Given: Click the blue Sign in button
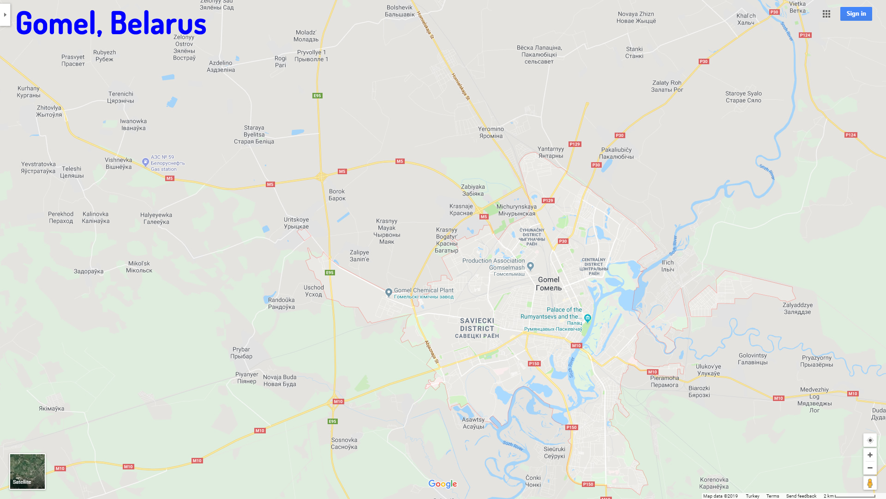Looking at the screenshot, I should coord(856,14).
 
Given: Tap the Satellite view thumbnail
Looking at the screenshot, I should coord(27,471).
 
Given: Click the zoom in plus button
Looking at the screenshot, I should coord(870,455).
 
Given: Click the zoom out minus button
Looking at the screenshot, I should coord(870,468).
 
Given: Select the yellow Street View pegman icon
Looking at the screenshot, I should coord(870,483).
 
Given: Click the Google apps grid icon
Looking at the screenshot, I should coord(826,14).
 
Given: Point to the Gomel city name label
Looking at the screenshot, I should coord(549,284).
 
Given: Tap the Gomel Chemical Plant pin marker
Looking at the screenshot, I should coord(389,292).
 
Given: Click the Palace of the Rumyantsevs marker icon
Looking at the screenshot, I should coord(587,318).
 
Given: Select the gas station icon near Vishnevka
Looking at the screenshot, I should coord(145,162).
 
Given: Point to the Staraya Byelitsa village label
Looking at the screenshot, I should coord(254,134).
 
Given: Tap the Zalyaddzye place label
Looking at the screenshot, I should coord(797,308).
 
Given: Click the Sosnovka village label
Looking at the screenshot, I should coord(344,443).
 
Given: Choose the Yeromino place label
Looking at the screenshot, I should coord(491,132).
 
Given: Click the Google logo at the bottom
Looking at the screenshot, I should coord(443,484).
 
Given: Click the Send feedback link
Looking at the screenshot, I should coord(801,496).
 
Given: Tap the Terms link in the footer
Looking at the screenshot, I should coord(772,496).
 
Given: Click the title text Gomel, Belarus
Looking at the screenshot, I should coord(111,23).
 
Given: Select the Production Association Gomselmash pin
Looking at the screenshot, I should coord(531,266).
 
